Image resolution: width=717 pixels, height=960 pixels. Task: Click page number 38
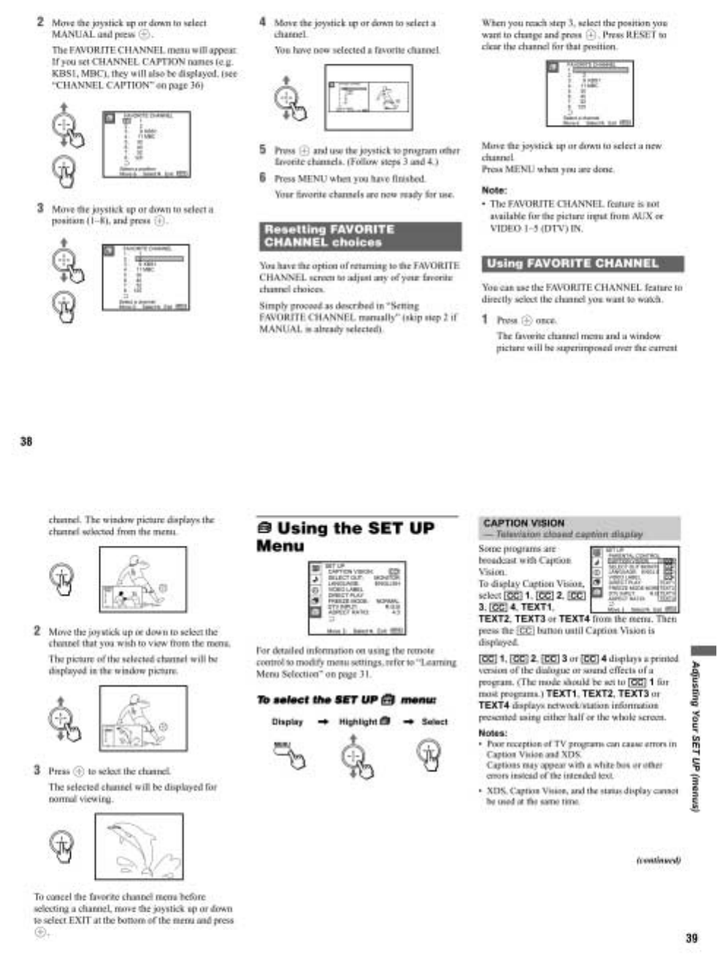pos(26,441)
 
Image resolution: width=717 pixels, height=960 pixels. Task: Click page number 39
pos(691,938)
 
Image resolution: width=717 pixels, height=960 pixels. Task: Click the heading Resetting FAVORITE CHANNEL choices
pos(360,236)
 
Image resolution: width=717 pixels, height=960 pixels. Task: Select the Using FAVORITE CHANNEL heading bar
pos(582,264)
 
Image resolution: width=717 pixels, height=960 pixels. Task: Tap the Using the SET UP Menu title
pos(345,537)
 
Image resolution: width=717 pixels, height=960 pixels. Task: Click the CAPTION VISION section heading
pos(524,523)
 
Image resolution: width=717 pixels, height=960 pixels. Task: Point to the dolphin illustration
pos(139,847)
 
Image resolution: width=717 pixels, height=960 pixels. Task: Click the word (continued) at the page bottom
pos(658,860)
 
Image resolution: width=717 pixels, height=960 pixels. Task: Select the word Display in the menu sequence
pos(287,722)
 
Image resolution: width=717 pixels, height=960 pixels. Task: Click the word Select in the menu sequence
pos(434,722)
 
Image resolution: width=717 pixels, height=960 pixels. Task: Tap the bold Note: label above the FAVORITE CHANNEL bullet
pos(494,190)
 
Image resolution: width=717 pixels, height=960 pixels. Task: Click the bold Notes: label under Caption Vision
pos(492,733)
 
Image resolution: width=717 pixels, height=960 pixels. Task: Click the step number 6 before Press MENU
pos(263,178)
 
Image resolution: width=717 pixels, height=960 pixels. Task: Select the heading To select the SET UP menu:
pos(346,700)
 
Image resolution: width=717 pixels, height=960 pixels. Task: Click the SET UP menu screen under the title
pos(356,598)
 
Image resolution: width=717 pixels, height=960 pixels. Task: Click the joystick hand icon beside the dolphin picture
pos(62,844)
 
